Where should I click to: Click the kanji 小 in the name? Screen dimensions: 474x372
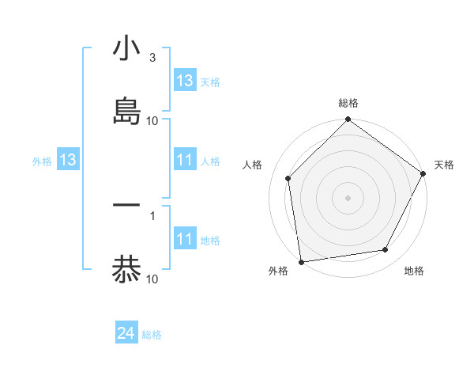pyautogui.click(x=126, y=49)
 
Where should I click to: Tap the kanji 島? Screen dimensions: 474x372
pyautogui.click(x=126, y=111)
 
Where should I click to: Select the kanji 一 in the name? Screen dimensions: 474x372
pyautogui.click(x=126, y=205)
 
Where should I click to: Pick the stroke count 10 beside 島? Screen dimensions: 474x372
pyautogui.click(x=152, y=121)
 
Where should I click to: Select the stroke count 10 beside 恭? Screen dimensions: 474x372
pyautogui.click(x=152, y=279)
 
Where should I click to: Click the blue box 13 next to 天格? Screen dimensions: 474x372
pyautogui.click(x=185, y=81)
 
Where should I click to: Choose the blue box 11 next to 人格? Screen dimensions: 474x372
pyautogui.click(x=185, y=160)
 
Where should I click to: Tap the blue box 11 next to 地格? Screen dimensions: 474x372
pyautogui.click(x=185, y=239)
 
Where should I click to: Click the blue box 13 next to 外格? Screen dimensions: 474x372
pyautogui.click(x=68, y=160)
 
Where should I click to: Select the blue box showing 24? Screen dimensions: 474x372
pyautogui.click(x=126, y=334)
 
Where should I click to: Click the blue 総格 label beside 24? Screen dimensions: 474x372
pyautogui.click(x=152, y=335)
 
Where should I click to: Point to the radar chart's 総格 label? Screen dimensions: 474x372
pyautogui.click(x=348, y=103)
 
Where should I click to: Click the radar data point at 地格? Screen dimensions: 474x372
pyautogui.click(x=386, y=250)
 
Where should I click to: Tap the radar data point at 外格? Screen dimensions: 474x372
pyautogui.click(x=301, y=261)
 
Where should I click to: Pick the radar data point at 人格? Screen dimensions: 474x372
pyautogui.click(x=288, y=178)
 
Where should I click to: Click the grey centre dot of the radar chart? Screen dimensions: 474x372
pyautogui.click(x=348, y=197)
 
